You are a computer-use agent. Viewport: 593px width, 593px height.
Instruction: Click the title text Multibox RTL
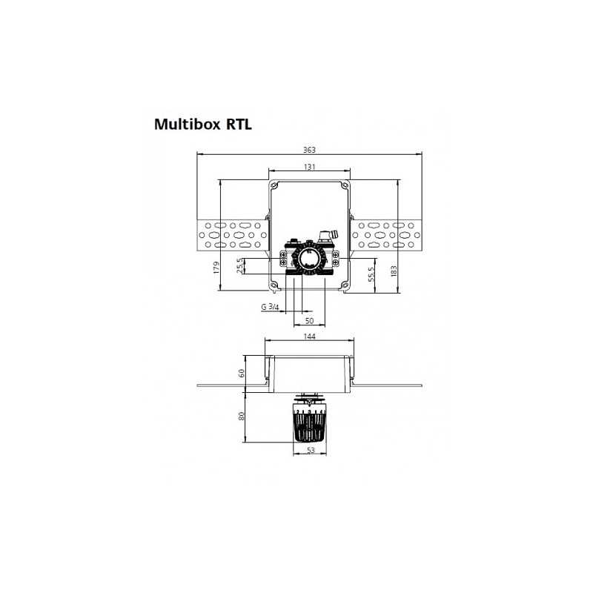(x=202, y=124)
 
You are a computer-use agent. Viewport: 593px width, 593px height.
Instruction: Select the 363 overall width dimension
(x=309, y=150)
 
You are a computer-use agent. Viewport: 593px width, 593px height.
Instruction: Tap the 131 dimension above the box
(x=309, y=166)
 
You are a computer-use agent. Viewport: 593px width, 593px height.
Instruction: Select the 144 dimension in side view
(x=310, y=337)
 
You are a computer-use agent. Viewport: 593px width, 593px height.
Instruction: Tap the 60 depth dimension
(x=241, y=373)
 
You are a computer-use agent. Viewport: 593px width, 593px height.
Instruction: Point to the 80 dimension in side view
(x=241, y=416)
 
